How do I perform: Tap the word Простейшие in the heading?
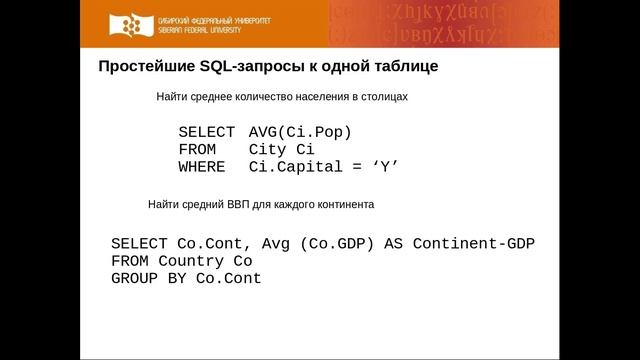coord(138,67)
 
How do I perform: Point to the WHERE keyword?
coord(202,166)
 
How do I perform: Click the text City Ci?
coord(282,149)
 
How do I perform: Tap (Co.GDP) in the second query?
coord(338,243)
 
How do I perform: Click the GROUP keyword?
coord(134,278)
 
